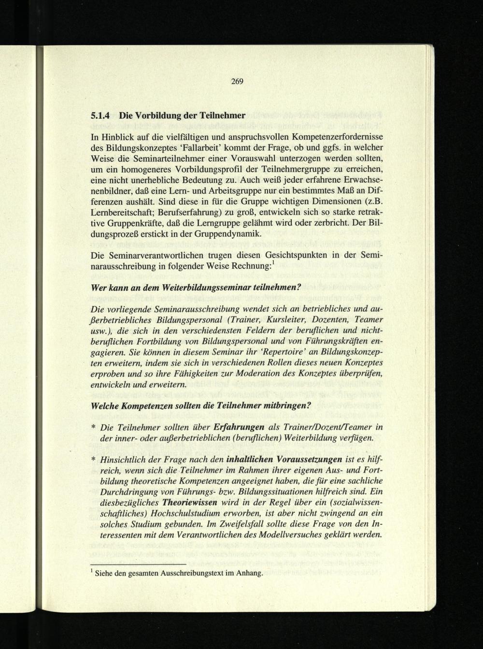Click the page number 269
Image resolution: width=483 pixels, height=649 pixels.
tap(236, 81)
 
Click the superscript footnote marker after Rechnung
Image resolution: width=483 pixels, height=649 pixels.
tap(274, 262)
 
